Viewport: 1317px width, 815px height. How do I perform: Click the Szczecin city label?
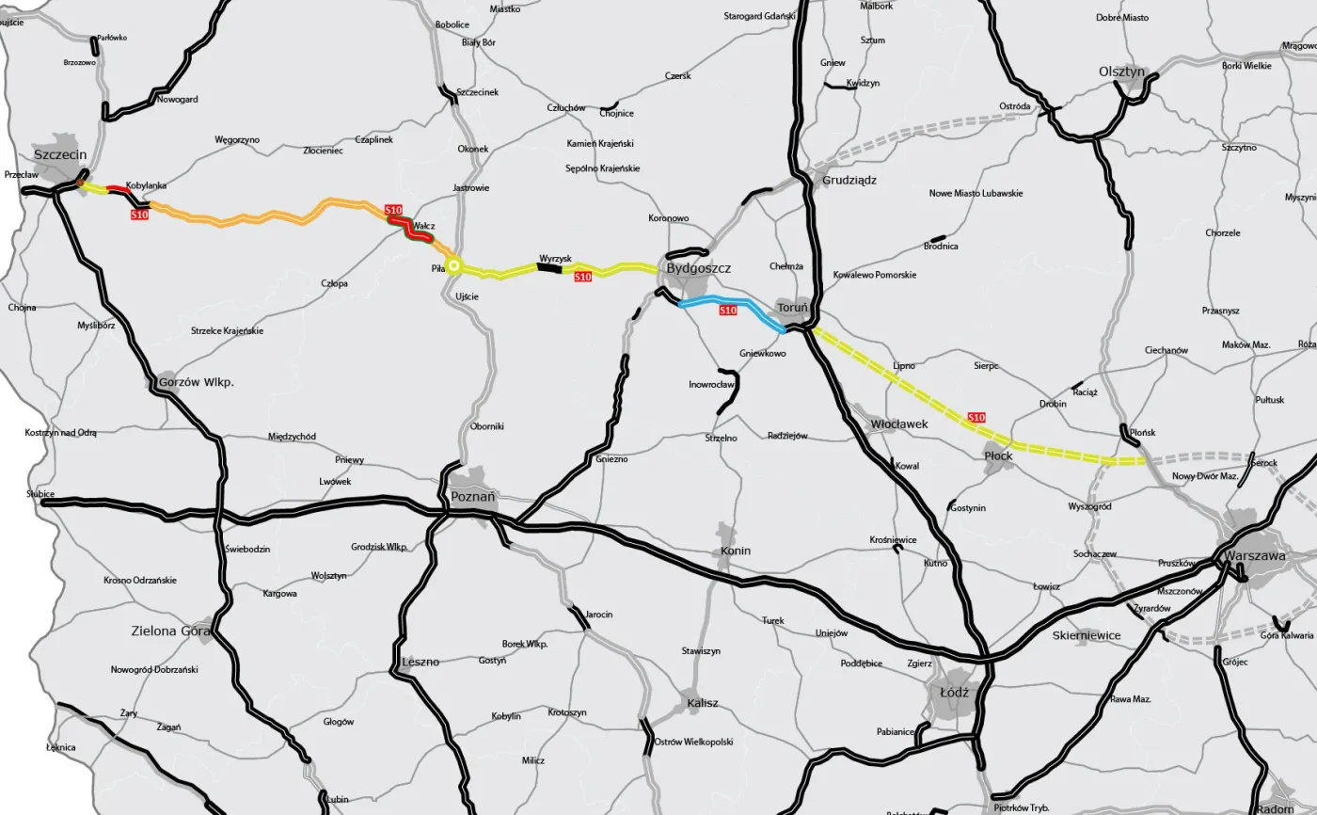[60, 153]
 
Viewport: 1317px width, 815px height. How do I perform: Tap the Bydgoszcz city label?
[698, 269]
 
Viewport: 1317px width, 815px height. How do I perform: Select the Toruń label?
[792, 308]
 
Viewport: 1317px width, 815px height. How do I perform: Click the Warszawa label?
[1255, 555]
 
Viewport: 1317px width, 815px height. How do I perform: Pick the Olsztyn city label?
[1121, 72]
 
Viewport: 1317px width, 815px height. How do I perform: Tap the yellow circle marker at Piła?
[453, 266]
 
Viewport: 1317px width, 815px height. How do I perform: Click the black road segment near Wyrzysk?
[548, 268]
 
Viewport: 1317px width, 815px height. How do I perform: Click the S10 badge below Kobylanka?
[139, 216]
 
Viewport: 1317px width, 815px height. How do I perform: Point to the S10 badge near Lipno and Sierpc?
[976, 417]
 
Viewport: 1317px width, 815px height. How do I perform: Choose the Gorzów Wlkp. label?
[196, 383]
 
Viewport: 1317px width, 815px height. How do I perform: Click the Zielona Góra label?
[169, 631]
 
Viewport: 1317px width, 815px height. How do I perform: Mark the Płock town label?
[998, 455]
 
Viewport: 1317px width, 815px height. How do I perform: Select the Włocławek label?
[899, 424]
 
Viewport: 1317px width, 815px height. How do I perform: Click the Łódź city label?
[954, 692]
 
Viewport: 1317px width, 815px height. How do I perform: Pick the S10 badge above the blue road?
[727, 311]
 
